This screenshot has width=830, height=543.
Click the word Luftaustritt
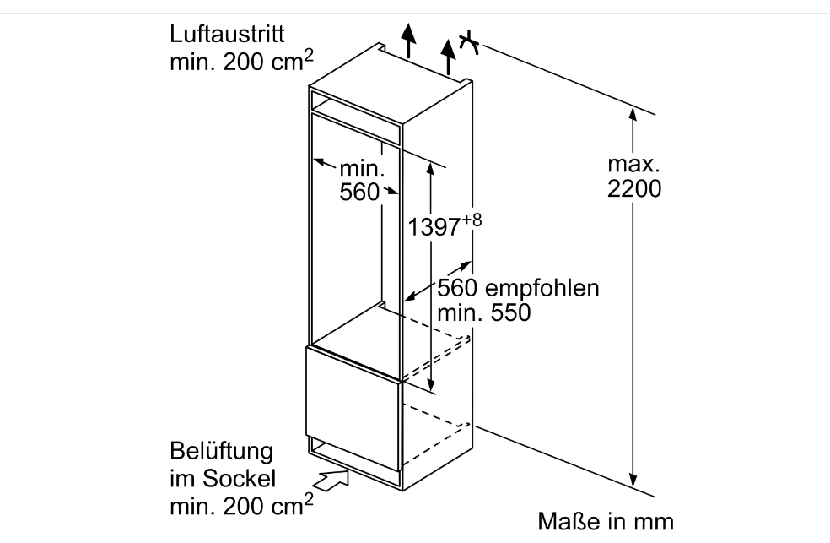pos(226,36)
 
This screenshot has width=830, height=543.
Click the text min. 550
pos(483,313)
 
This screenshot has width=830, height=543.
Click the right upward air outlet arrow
pos(450,53)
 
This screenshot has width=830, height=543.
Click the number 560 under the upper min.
pos(360,193)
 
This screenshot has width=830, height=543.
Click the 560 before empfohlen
pos(456,288)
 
